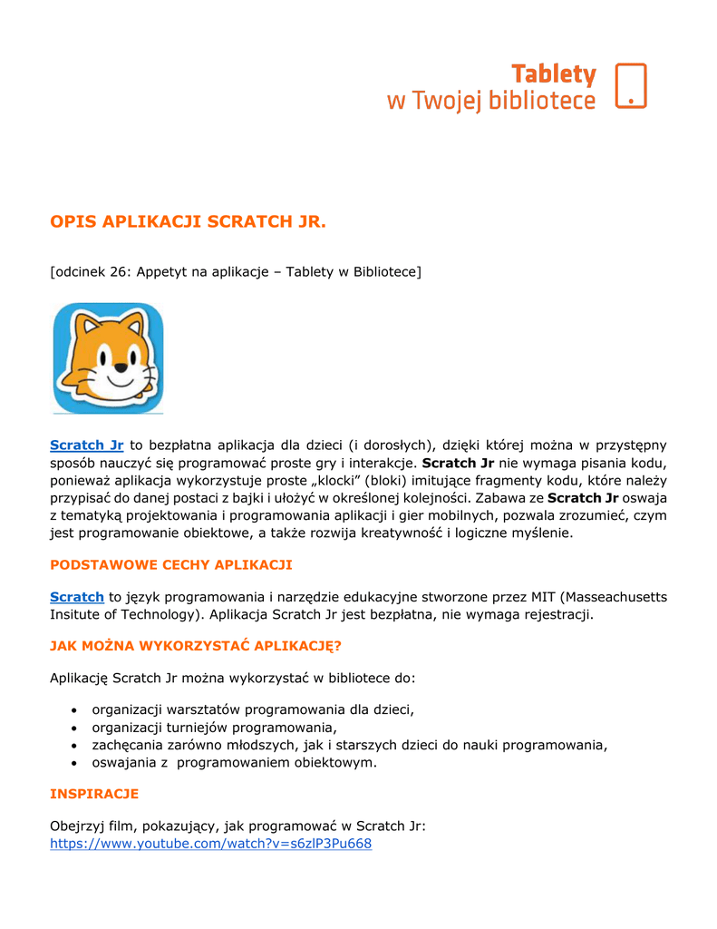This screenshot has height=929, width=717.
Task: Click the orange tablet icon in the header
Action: (x=631, y=86)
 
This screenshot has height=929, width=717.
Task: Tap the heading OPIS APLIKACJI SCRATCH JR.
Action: (x=188, y=222)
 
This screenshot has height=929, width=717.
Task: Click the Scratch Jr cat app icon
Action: (x=108, y=357)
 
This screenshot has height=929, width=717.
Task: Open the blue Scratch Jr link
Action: (x=86, y=445)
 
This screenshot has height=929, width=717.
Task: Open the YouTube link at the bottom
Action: (x=210, y=844)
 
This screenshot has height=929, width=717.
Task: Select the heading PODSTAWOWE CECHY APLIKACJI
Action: (x=170, y=564)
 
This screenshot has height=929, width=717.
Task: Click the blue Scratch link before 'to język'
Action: (x=77, y=596)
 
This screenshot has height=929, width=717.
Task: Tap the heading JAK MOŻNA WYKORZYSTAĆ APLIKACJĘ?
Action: (x=196, y=646)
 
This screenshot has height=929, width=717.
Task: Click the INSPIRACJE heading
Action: (x=94, y=794)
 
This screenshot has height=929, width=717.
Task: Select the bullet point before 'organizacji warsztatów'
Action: (x=73, y=709)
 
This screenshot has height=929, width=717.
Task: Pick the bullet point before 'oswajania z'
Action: (x=73, y=763)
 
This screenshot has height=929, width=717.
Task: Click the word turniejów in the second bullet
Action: (x=197, y=728)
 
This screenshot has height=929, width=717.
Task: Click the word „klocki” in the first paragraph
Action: (x=325, y=480)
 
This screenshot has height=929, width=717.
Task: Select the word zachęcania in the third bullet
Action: (x=129, y=745)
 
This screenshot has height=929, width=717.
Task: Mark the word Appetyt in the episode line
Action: (x=163, y=271)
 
